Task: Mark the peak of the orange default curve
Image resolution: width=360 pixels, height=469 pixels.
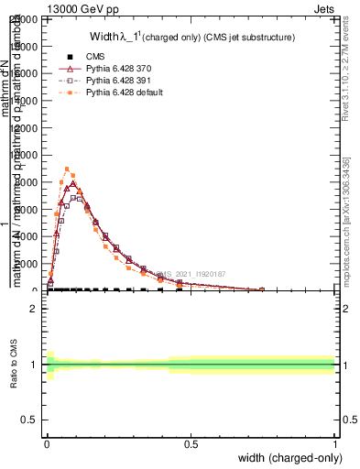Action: click(67, 169)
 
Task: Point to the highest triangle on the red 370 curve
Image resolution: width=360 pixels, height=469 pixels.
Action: click(73, 183)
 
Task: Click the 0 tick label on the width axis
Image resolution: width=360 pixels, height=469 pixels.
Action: click(47, 444)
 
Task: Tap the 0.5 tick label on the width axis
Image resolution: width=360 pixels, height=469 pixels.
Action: click(191, 444)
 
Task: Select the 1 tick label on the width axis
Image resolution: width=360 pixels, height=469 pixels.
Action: click(334, 444)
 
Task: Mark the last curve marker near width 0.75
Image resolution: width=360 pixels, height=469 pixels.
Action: click(262, 289)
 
